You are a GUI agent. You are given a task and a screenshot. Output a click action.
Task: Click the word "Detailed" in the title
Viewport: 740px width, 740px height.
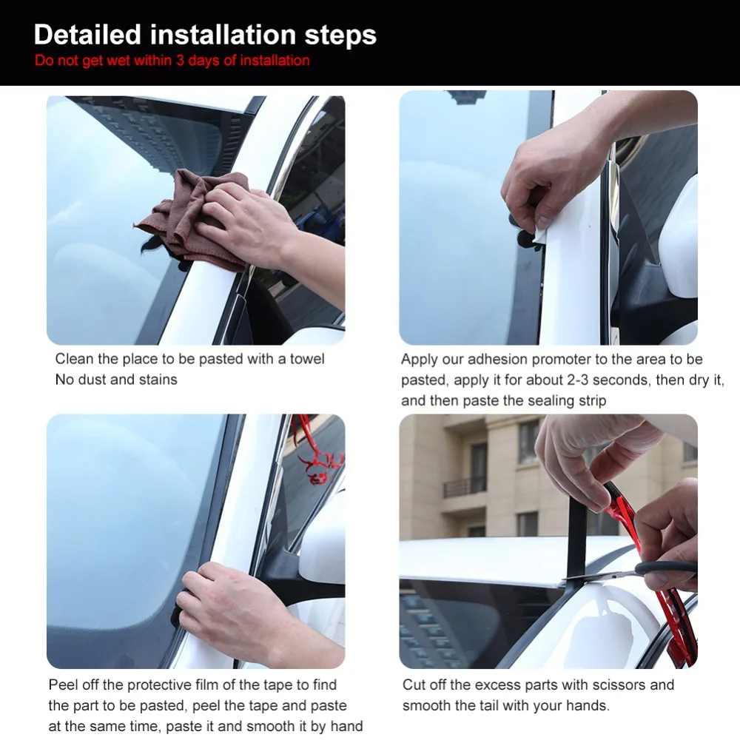click(x=87, y=35)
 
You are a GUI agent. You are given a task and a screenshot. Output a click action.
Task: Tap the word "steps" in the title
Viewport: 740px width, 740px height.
click(x=340, y=36)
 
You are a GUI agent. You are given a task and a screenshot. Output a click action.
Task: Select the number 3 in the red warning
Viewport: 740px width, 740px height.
click(x=180, y=61)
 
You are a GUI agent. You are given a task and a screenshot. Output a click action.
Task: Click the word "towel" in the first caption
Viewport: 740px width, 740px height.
click(x=307, y=359)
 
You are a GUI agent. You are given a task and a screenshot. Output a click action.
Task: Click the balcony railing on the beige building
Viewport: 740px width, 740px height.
click(x=465, y=487)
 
